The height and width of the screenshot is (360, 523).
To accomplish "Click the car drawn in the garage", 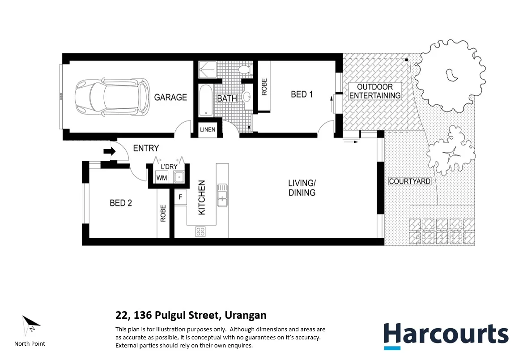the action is coord(112,97).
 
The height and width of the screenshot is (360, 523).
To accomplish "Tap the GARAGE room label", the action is coord(170,97).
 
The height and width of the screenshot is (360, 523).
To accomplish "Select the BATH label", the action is coord(227,99).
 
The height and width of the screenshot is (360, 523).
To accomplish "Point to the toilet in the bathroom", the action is coord(245,70).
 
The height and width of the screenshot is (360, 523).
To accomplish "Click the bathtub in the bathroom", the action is coord(205,100).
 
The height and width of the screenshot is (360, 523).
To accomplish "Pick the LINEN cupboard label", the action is coord(208,129).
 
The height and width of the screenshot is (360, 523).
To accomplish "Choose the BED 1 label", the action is coord(302,94).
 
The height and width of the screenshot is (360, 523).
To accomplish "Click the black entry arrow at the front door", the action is coord(110,152).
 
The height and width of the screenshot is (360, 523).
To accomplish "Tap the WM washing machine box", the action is coord(162,178).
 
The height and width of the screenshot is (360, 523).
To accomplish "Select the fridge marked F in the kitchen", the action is coord(180,197).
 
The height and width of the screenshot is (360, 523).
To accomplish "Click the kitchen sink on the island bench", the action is coord(222,195).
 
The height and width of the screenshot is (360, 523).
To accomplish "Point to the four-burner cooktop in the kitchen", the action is coord(200,231).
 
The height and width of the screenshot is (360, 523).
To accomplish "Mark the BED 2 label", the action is coord(121,203).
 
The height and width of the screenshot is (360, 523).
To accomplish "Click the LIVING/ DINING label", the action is coord(302,188).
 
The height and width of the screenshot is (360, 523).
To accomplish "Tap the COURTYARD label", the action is coord(410,181).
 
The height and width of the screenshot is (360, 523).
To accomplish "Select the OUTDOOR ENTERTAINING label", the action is coord(375,91).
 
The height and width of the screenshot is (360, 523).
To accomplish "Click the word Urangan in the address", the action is coord(246,315).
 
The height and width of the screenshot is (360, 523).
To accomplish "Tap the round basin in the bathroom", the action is coord(247,97).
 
